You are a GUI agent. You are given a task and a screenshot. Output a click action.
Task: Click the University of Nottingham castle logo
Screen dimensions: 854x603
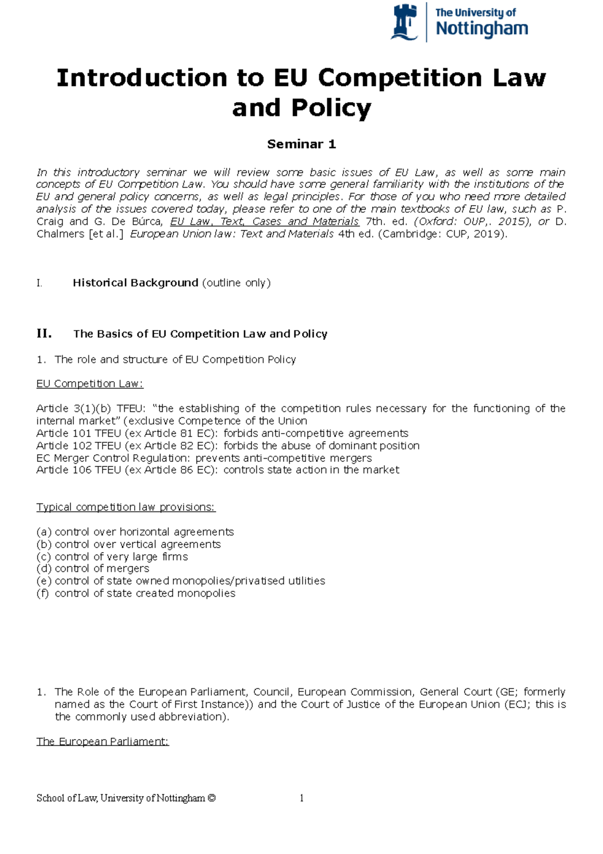point(405,23)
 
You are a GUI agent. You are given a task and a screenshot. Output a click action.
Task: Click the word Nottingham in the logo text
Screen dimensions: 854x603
point(481,29)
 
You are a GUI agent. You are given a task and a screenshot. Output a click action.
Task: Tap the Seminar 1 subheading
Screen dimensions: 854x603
point(301,144)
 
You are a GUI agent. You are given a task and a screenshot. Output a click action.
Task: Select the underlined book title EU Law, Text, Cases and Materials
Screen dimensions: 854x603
point(264,222)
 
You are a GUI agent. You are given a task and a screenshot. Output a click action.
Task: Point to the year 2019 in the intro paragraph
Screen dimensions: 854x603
point(490,234)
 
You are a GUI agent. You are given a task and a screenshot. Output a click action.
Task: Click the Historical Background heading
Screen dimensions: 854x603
point(135,283)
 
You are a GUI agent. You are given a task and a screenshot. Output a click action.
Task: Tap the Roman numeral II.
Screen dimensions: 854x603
point(44,334)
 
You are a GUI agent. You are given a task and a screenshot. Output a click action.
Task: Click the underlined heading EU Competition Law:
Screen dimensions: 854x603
point(89,384)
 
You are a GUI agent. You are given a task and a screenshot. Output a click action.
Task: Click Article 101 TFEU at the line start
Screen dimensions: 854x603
point(78,434)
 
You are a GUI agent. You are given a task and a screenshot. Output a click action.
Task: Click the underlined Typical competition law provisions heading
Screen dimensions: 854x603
point(126,507)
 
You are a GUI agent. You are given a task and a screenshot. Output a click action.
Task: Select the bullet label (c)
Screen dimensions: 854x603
point(44,557)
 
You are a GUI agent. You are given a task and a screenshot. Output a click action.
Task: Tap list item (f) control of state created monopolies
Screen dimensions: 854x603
point(136,593)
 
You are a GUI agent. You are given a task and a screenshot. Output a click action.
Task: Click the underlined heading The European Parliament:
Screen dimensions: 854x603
point(103,742)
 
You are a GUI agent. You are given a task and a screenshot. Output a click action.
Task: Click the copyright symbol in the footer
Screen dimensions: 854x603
point(211,798)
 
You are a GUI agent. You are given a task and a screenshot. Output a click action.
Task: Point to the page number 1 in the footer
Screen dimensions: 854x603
point(301,798)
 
